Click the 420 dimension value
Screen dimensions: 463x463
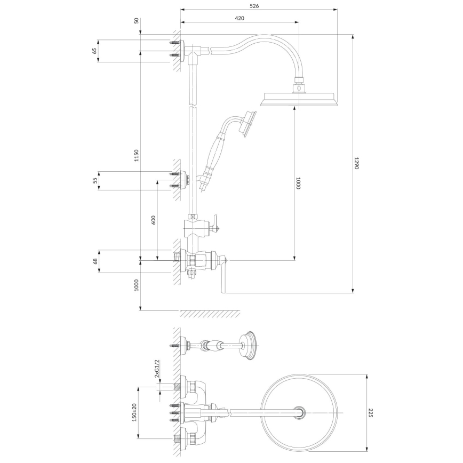pos(240,18)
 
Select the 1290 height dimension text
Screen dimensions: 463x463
pos(358,163)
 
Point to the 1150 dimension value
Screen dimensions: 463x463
pos(137,155)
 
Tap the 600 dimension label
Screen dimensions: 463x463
pos(153,219)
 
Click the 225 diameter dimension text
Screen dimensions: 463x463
pos(371,412)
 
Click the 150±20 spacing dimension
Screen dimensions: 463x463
pos(135,412)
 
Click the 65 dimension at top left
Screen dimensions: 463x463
pos(95,51)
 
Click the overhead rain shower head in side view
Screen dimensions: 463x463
pos(299,99)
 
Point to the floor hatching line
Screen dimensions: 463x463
pos(209,314)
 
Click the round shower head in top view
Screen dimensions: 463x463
pos(300,412)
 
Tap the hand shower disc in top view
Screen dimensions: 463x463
pos(249,345)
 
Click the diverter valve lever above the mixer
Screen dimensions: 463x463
pos(215,223)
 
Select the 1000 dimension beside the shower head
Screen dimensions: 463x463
pos(298,183)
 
